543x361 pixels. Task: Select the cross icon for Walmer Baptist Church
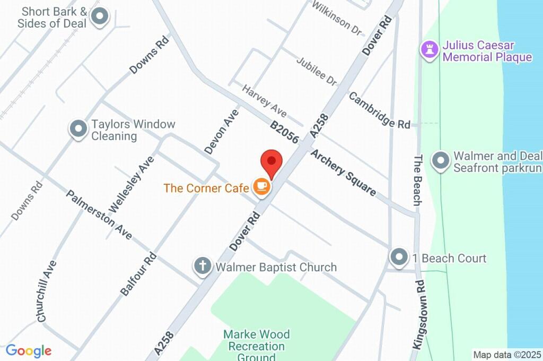pyautogui.click(x=202, y=267)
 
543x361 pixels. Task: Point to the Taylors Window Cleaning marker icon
pyautogui.click(x=78, y=129)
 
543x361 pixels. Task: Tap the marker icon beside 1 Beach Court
pyautogui.click(x=398, y=257)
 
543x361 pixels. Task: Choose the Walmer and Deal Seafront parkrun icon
pyautogui.click(x=440, y=161)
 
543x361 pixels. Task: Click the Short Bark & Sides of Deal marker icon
pyautogui.click(x=99, y=18)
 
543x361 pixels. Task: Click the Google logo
pyautogui.click(x=29, y=350)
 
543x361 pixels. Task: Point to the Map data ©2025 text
pyautogui.click(x=506, y=354)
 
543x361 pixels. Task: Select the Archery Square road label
pyautogui.click(x=343, y=173)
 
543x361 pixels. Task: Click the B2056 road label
pyautogui.click(x=284, y=133)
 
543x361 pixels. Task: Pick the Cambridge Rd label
pyautogui.click(x=379, y=110)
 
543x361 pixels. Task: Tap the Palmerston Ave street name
pyautogui.click(x=99, y=214)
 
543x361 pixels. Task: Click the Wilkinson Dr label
pyautogui.click(x=337, y=18)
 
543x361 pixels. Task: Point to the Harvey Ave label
pyautogui.click(x=264, y=100)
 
